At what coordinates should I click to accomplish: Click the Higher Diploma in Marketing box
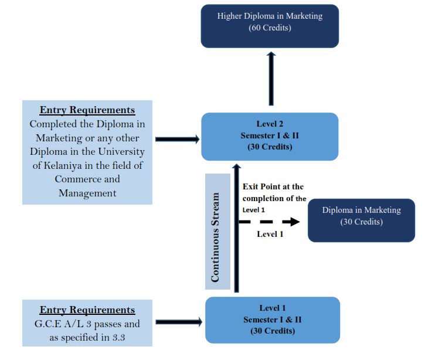point(270,26)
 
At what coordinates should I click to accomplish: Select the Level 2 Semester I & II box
point(270,136)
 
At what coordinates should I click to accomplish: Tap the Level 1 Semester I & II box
point(272,320)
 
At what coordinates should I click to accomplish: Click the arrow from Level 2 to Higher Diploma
point(271,78)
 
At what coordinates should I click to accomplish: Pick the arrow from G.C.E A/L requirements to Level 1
point(179,322)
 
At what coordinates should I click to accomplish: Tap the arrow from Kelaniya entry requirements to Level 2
point(178,139)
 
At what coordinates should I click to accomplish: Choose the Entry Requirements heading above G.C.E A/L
point(87,310)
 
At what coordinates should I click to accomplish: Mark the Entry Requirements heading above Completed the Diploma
point(87,110)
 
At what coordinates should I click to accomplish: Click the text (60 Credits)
point(270,28)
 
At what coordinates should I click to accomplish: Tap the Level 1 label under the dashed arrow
point(270,234)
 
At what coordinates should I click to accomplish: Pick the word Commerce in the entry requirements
point(87,179)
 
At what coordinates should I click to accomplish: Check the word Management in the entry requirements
point(87,193)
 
